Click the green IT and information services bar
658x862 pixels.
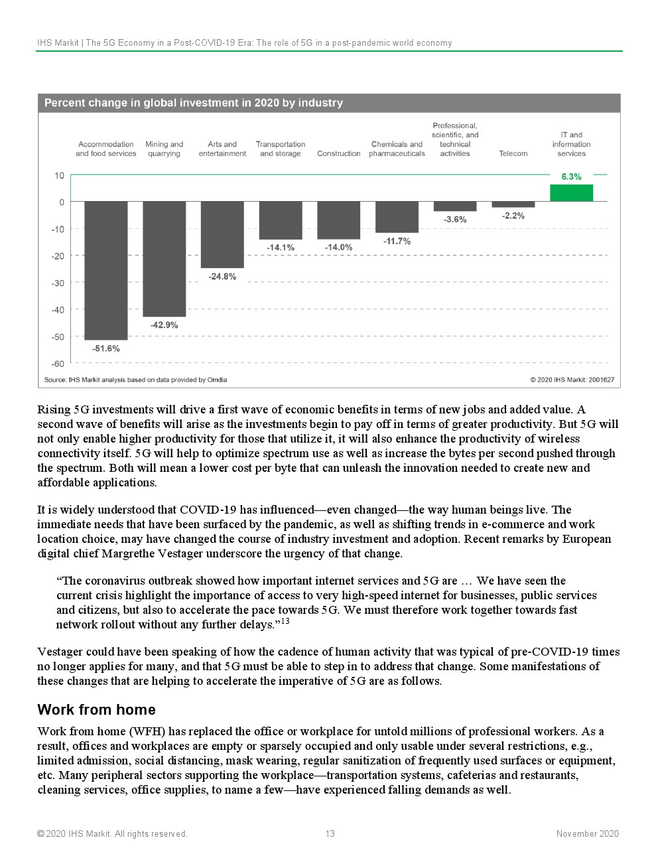coord(571,193)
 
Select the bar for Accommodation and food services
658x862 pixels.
coord(106,270)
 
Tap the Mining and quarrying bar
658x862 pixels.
coord(164,259)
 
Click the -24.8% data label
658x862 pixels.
coord(222,277)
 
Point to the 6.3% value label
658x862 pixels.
coord(571,177)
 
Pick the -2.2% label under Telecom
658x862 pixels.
coord(513,216)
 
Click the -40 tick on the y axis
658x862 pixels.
coord(59,310)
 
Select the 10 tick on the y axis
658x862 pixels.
coord(60,176)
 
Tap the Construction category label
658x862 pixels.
coord(338,154)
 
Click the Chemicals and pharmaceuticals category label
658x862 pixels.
coord(397,149)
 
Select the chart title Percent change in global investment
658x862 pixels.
coord(194,103)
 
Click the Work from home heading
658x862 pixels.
coord(96,709)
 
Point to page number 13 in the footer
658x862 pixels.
coord(330,833)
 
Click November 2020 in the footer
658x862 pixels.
coord(587,833)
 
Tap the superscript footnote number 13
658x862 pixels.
coord(285,621)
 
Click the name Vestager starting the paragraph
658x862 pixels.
coord(60,652)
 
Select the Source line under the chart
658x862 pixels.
coord(135,380)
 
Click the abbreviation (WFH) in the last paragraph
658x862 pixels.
coord(146,731)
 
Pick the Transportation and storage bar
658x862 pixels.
coord(281,220)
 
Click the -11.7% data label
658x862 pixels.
coord(397,241)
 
